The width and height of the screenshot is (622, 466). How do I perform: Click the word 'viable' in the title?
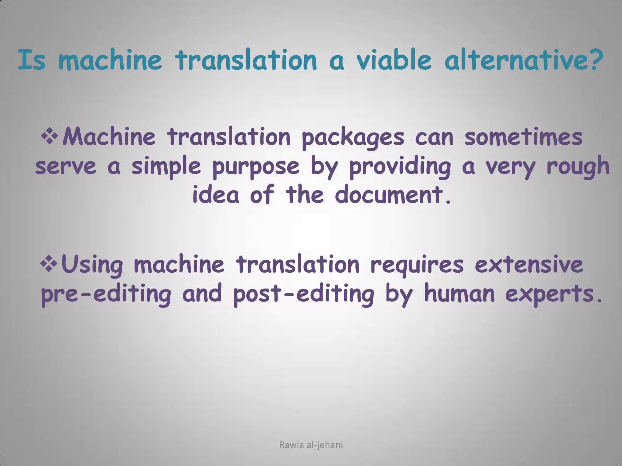394,60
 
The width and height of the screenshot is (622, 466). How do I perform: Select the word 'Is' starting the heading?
32,60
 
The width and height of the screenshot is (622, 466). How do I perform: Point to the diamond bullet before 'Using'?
50,263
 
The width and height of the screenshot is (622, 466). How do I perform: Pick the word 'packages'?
353,138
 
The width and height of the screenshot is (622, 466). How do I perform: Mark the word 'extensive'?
529,264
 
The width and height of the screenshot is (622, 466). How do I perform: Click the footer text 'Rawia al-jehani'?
311,445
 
